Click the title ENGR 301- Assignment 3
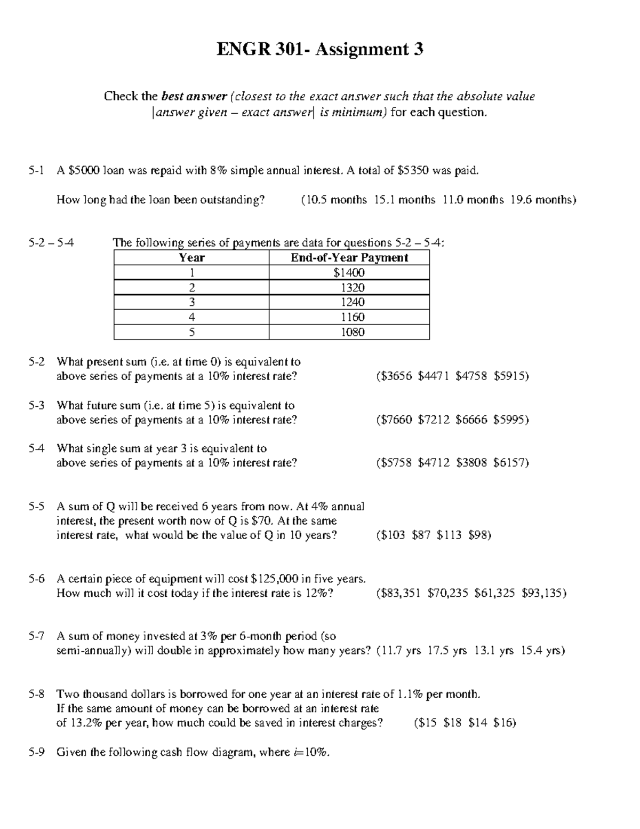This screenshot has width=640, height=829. pyautogui.click(x=319, y=50)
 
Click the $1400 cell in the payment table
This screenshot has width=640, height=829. pyautogui.click(x=349, y=273)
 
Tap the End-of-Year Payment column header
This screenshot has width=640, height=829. pyautogui.click(x=349, y=258)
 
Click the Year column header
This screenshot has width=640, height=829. pyautogui.click(x=191, y=258)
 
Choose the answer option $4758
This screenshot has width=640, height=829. pyautogui.click(x=471, y=376)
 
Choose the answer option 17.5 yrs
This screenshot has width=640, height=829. pyautogui.click(x=447, y=651)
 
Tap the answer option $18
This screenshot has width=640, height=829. pyautogui.click(x=452, y=723)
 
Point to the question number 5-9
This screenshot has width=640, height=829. pyautogui.click(x=37, y=753)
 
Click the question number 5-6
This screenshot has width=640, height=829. pyautogui.click(x=37, y=579)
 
